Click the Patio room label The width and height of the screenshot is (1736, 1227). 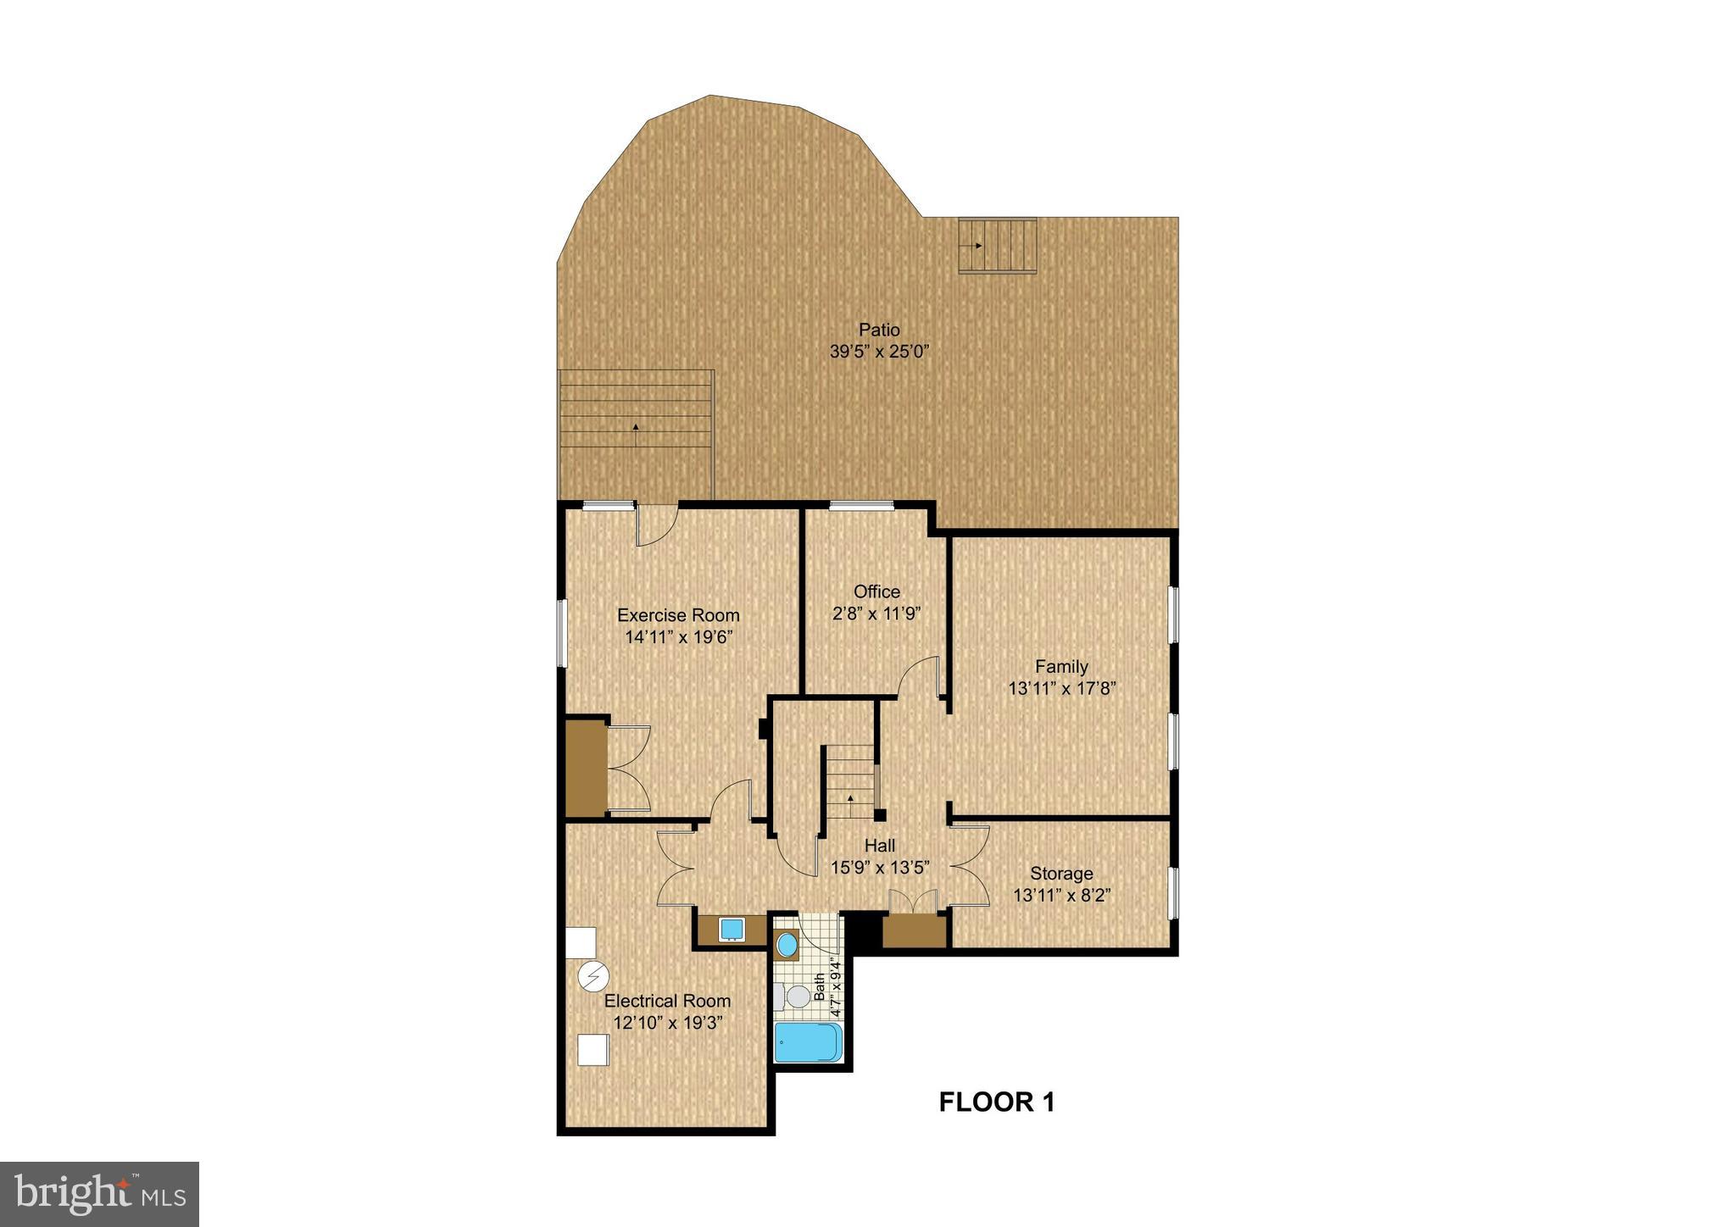click(879, 330)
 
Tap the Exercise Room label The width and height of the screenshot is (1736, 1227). click(678, 615)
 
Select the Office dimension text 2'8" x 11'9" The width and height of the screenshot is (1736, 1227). click(876, 613)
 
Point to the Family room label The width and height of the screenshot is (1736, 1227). click(1061, 666)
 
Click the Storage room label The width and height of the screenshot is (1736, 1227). click(1061, 873)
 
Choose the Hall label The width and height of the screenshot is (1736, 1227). click(880, 845)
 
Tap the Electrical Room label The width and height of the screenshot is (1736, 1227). click(667, 1001)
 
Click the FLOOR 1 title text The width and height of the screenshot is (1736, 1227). click(997, 1102)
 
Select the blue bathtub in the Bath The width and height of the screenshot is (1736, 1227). click(809, 1041)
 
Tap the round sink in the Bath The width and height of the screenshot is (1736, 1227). click(787, 943)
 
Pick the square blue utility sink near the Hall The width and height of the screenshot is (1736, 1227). click(731, 930)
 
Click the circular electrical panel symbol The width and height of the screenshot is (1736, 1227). click(593, 977)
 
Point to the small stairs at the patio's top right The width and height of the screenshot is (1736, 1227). click(998, 246)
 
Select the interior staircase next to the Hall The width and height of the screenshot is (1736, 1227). click(850, 781)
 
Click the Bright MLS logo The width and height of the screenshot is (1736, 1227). click(99, 1194)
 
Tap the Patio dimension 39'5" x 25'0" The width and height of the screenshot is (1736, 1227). click(879, 352)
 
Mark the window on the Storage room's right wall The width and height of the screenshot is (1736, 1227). click(1173, 893)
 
